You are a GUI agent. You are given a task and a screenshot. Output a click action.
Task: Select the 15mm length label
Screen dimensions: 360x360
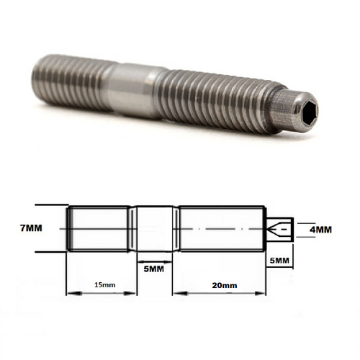tap(104, 285)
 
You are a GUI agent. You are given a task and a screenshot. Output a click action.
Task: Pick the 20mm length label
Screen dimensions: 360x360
tap(225, 286)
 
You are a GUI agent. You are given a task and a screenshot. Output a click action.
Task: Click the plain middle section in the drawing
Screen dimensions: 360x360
tap(153, 229)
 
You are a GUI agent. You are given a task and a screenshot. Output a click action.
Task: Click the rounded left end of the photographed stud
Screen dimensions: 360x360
tap(39, 73)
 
